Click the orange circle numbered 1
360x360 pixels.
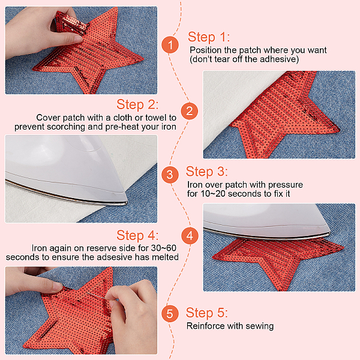coord(170,45)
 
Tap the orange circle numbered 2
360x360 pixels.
coord(190,111)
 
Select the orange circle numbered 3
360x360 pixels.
coord(170,175)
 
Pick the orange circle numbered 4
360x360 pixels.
coord(190,236)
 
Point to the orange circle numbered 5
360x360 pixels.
coord(170,313)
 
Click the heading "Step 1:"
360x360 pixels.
coord(209,37)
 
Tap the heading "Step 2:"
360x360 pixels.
coord(137,104)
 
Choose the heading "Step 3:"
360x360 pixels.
coord(206,172)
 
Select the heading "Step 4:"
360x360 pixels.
coord(137,235)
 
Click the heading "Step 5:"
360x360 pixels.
coord(206,313)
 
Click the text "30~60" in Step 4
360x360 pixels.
coord(164,248)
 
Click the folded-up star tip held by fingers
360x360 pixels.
coord(71,23)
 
